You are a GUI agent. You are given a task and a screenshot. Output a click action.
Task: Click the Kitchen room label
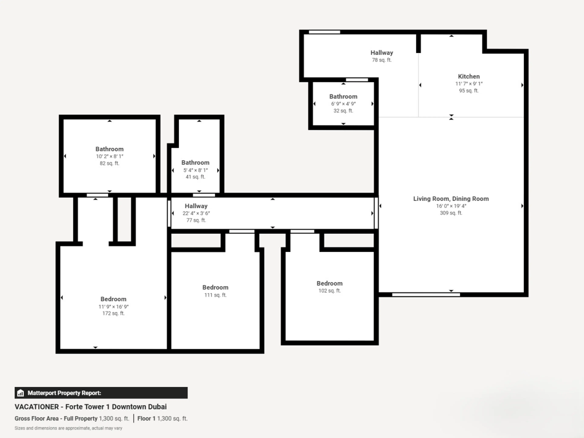[x=469, y=76]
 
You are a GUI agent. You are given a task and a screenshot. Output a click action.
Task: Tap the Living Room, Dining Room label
[x=451, y=199]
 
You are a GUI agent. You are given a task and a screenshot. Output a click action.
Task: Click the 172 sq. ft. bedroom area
[x=113, y=313]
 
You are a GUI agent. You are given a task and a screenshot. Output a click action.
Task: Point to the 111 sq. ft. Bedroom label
[x=216, y=287]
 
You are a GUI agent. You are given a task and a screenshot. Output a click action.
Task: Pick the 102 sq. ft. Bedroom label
[x=330, y=283]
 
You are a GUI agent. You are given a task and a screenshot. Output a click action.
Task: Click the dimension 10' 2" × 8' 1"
[x=109, y=156]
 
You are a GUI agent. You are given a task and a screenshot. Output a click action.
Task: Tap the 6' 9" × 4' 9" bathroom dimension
[x=343, y=104]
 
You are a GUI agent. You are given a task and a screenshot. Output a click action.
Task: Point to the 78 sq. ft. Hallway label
[x=382, y=53]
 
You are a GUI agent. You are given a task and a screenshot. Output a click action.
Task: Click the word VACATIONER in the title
[x=37, y=407]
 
